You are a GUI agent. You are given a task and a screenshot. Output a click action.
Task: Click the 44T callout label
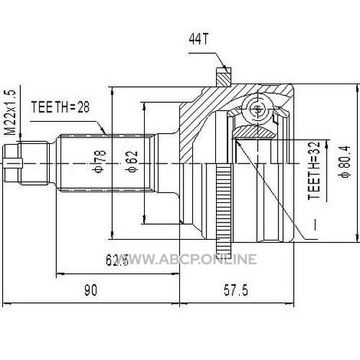pyautogui.click(x=199, y=39)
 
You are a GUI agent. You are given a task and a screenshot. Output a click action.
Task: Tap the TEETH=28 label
pyautogui.click(x=60, y=107)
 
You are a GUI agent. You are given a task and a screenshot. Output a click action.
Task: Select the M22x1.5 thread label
pyautogui.click(x=11, y=112)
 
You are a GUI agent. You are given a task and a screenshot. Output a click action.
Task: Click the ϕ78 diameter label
pyautogui.click(x=100, y=161)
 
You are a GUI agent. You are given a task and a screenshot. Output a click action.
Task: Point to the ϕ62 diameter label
pyautogui.click(x=132, y=161)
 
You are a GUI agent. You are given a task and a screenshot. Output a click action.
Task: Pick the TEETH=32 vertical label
pyautogui.click(x=315, y=171)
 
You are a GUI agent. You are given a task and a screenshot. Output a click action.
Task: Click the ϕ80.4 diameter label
pyautogui.click(x=345, y=162)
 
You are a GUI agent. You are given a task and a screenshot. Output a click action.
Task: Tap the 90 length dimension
pyautogui.click(x=91, y=290)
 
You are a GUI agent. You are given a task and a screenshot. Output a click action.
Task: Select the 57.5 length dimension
pyautogui.click(x=236, y=290)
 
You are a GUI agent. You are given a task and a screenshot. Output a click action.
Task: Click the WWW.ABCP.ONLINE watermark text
pyautogui.click(x=189, y=259)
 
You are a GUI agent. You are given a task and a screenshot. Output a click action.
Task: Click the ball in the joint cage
pyautogui.click(x=257, y=109)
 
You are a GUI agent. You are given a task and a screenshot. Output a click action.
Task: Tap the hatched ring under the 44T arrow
pyautogui.click(x=224, y=77)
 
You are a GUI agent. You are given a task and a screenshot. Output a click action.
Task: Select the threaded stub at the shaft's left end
pyautogui.click(x=27, y=163)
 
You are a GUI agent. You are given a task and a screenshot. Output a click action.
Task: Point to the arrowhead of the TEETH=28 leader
pyautogui.click(x=104, y=131)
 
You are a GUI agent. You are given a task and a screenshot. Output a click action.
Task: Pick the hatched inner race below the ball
pyautogui.click(x=254, y=132)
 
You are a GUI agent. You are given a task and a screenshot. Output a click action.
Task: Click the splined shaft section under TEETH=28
pyautogui.click(x=107, y=163)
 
